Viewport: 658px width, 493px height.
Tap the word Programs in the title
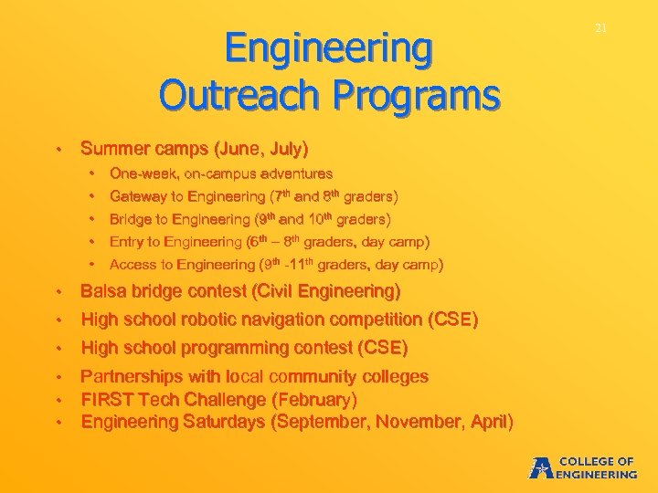[422, 94]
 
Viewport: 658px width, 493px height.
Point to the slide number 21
[600, 28]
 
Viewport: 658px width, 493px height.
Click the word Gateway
[135, 196]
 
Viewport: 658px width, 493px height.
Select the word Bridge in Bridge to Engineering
[130, 219]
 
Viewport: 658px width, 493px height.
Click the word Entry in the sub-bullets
[126, 242]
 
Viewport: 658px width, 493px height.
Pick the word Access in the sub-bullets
[132, 265]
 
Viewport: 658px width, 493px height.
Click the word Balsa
[102, 292]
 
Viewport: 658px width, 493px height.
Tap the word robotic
[211, 320]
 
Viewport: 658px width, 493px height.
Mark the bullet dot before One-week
[93, 173]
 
